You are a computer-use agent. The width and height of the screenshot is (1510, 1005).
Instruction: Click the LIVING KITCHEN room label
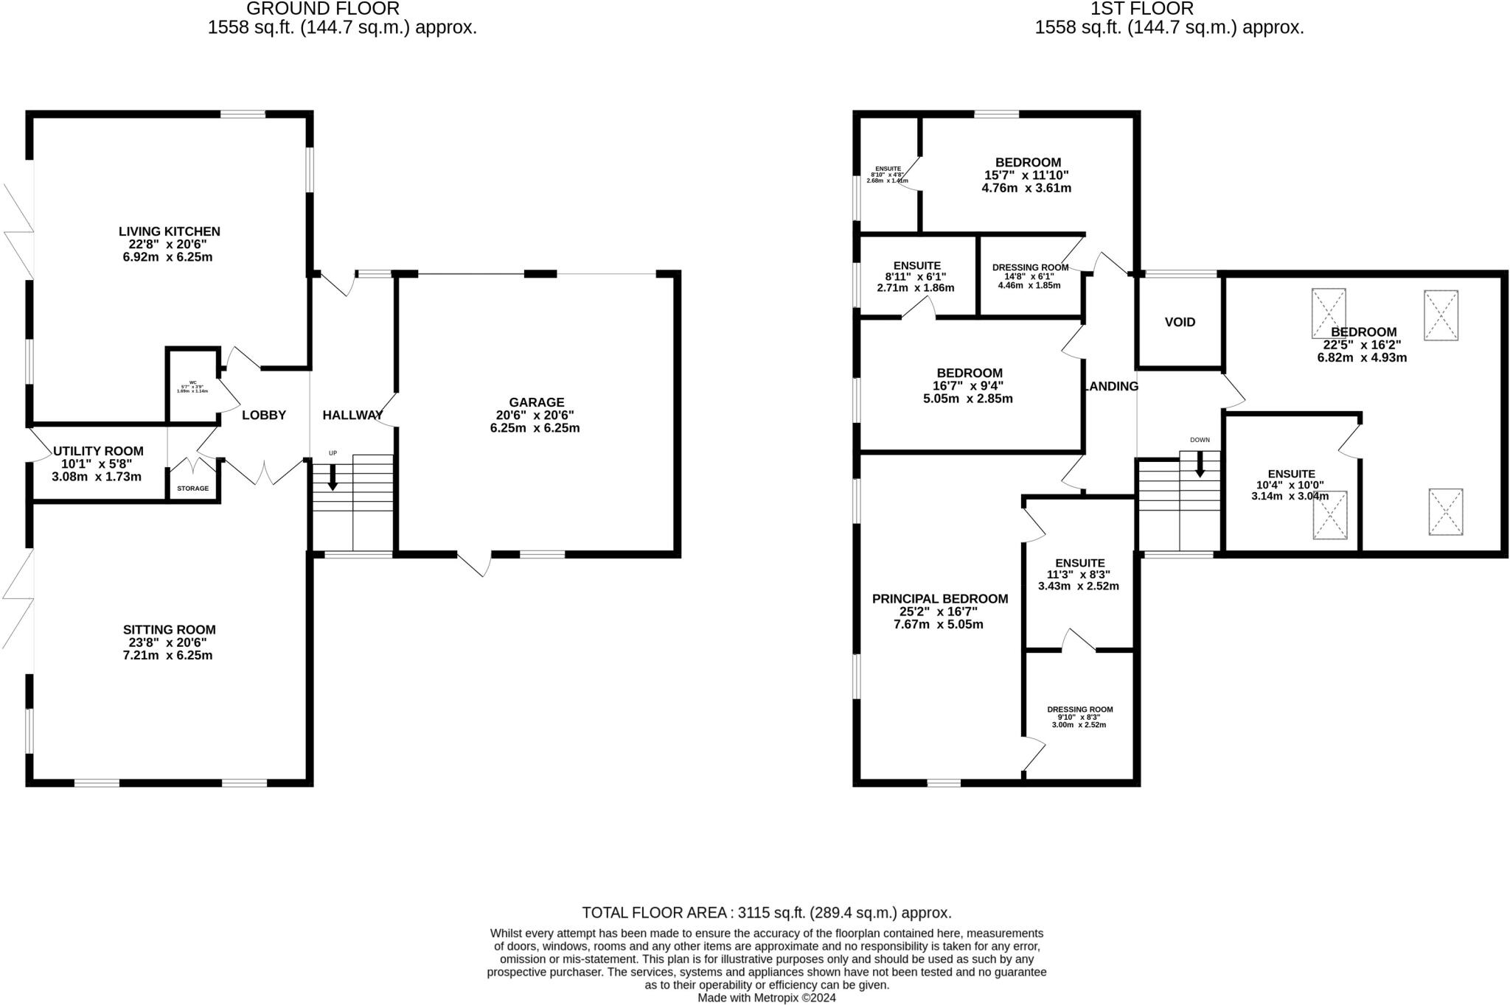169,231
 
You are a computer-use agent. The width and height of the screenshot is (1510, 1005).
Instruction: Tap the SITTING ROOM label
169,630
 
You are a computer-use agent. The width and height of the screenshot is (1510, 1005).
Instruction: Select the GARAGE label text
536,402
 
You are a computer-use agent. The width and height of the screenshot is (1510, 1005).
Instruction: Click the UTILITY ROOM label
98,451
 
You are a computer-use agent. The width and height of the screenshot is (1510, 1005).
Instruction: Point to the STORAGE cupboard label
192,489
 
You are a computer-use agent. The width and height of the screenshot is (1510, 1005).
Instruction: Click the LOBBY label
264,416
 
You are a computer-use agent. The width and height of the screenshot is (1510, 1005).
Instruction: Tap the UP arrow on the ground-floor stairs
333,477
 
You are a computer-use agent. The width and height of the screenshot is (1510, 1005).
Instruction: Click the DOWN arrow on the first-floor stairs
1200,464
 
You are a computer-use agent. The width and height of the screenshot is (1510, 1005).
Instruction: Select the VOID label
1180,322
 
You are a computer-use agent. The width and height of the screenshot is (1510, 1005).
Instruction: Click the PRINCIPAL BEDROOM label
939,599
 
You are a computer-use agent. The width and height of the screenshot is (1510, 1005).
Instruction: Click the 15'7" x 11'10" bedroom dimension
1026,175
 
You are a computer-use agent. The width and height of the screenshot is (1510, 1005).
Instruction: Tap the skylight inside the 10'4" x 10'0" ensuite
1329,515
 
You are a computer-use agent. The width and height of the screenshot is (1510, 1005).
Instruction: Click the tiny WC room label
192,382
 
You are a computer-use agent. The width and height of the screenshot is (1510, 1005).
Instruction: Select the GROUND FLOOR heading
322,9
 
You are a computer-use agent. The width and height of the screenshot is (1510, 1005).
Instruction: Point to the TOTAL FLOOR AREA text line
766,913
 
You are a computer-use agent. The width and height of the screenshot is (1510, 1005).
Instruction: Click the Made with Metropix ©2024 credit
766,998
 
